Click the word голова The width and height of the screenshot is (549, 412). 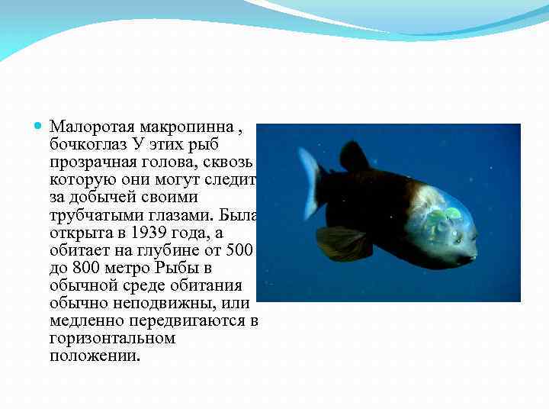point(165,162)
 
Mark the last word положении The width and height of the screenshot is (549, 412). point(95,356)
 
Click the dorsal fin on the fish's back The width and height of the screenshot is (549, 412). point(355,156)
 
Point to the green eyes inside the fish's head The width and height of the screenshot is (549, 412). point(442,217)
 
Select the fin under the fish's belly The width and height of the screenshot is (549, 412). point(339,242)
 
